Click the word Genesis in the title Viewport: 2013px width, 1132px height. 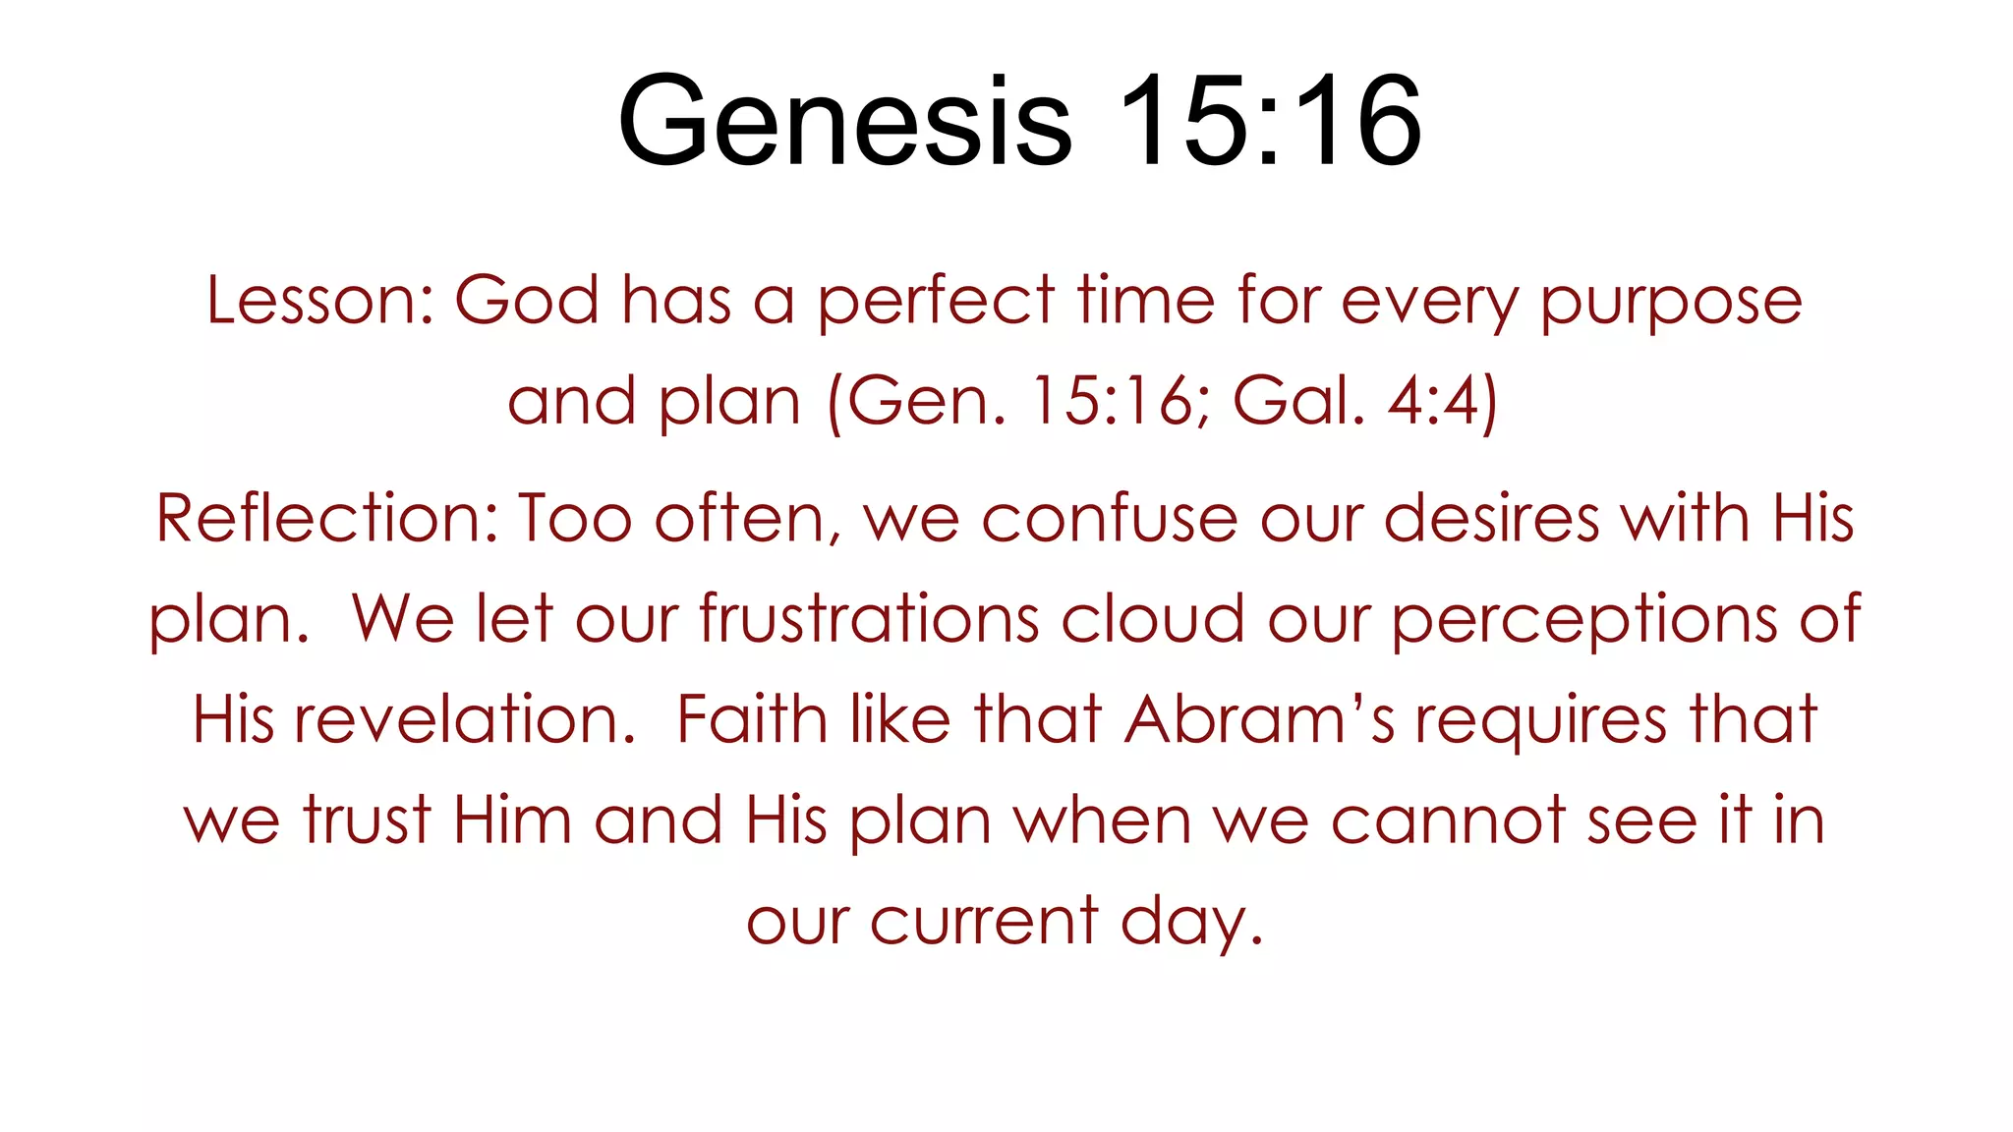click(x=844, y=123)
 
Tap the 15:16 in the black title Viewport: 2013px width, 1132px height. click(x=1269, y=123)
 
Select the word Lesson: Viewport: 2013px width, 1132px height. click(x=320, y=300)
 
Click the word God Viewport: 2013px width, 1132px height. click(x=527, y=300)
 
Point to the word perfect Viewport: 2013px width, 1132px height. click(x=937, y=302)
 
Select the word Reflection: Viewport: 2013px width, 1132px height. click(x=326, y=518)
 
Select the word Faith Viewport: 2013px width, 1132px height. click(x=751, y=719)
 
